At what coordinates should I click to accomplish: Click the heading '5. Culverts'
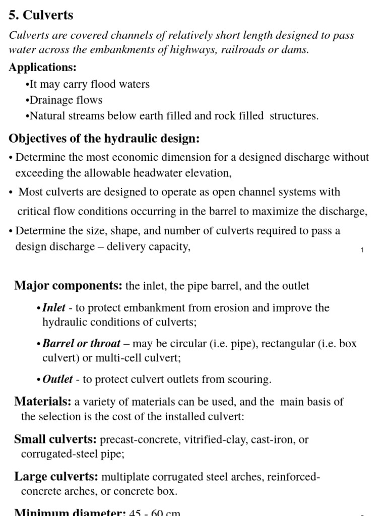click(41, 16)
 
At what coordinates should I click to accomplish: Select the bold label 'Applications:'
click(42, 68)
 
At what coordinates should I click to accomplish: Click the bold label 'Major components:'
click(68, 286)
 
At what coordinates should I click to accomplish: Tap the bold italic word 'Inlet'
click(54, 308)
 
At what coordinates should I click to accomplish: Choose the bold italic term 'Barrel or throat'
click(81, 344)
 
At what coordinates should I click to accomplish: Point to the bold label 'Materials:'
click(43, 402)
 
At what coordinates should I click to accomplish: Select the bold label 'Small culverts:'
click(55, 439)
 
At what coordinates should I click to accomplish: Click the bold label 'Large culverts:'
click(56, 477)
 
